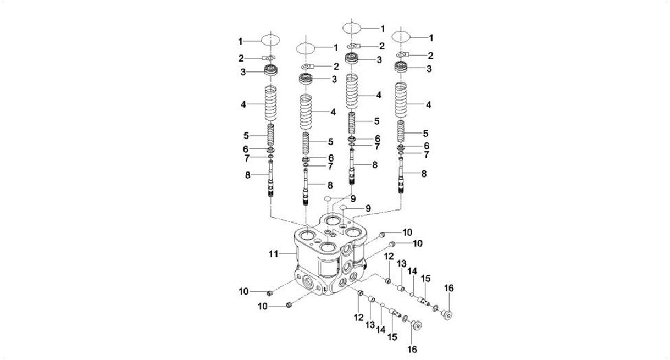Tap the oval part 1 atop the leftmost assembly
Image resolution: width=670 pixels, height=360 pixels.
pos(270,40)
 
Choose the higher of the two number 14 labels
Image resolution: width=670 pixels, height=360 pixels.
pos(413,270)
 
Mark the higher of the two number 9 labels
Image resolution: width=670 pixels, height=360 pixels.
pos(353,198)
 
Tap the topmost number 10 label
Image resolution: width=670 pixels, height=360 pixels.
pos(407,232)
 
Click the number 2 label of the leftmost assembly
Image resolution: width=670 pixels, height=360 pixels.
pos(240,57)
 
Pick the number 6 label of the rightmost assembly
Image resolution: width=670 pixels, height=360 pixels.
pos(426,145)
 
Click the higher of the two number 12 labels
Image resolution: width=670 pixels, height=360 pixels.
pos(388,257)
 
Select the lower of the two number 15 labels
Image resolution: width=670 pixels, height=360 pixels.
pos(393,335)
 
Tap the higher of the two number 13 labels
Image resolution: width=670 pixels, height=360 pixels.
pos(402,264)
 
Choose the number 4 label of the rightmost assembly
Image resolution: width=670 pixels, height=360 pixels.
pos(428,104)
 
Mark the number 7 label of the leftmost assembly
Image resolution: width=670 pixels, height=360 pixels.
pos(247,158)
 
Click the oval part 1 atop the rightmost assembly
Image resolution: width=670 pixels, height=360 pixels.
pos(402,37)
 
